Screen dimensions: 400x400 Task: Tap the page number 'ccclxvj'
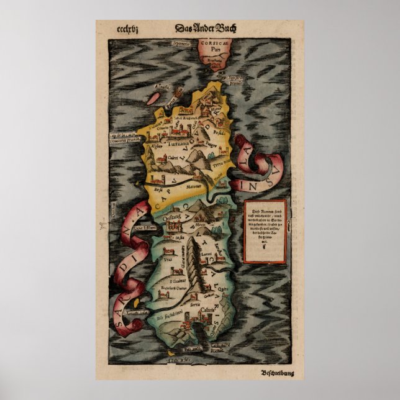127,29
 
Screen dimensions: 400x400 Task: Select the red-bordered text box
265,230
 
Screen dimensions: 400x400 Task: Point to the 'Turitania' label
176,142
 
